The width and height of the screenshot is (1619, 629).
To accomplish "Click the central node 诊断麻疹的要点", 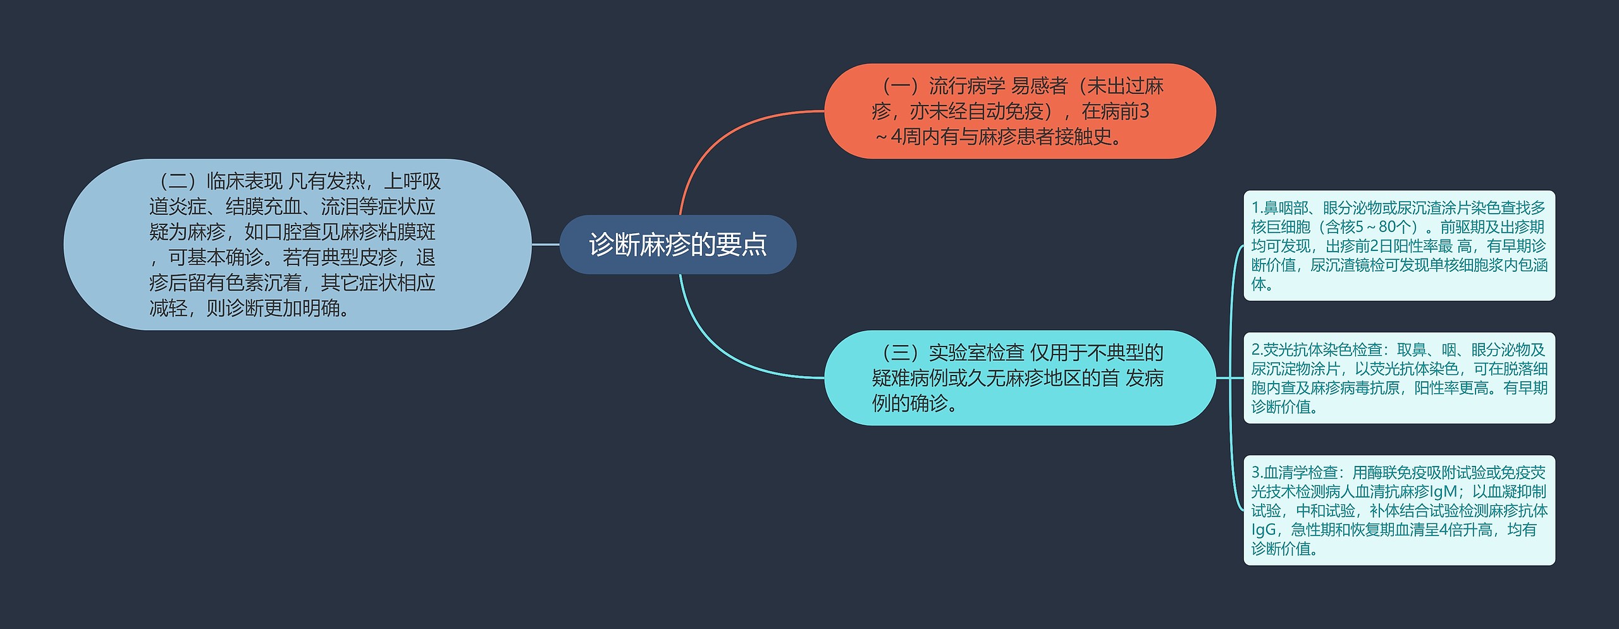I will [677, 245].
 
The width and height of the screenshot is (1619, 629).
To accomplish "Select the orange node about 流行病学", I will [1019, 111].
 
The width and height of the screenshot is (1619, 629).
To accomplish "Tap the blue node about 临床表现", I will [297, 244].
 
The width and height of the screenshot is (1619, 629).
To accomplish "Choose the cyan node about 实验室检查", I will [1019, 377].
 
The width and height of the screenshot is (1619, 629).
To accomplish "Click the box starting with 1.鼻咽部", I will [1399, 245].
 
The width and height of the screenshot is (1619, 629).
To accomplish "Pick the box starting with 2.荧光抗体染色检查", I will [1399, 377].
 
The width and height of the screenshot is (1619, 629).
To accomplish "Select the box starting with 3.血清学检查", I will [1399, 510].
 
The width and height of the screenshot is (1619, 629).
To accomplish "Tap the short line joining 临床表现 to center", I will [545, 244].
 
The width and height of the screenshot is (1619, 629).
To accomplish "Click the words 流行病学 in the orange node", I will [966, 86].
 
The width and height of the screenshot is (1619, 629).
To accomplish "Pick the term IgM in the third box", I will [1444, 491].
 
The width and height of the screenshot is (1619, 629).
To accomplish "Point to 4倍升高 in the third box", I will [1465, 529].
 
